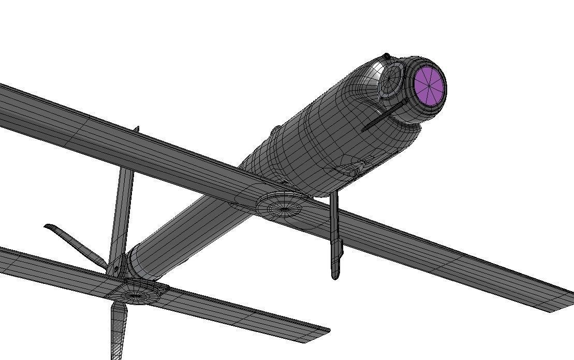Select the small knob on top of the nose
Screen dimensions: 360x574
(x=386, y=56)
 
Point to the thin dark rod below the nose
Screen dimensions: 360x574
(x=383, y=116)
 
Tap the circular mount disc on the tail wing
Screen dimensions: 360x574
(x=136, y=292)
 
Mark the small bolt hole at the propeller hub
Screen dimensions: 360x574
(x=115, y=269)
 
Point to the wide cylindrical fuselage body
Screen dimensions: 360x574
(x=331, y=135)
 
